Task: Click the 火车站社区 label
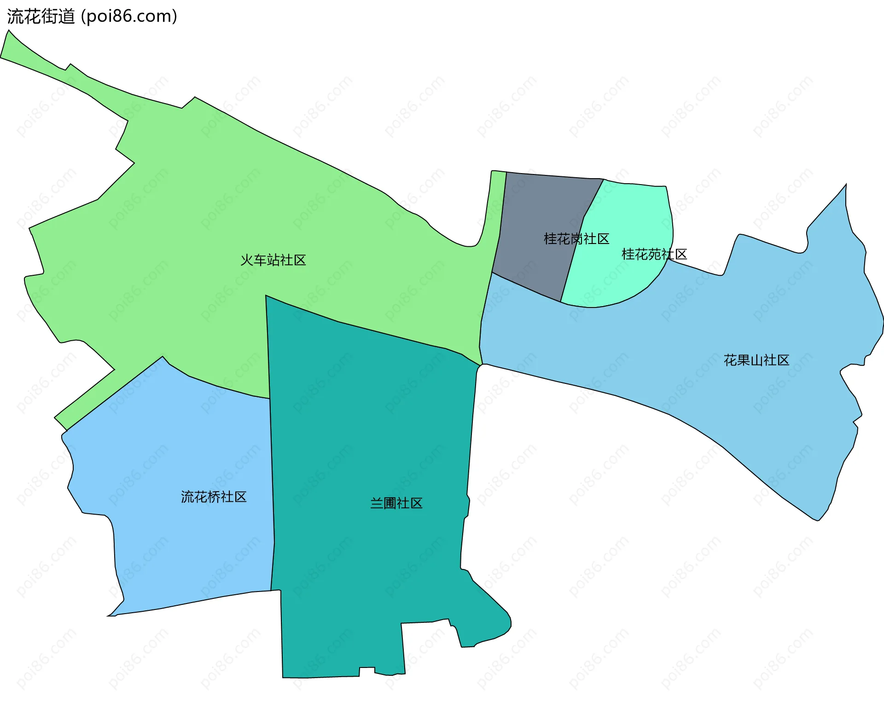coord(273,260)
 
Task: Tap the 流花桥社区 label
coord(214,497)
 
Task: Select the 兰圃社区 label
coord(396,503)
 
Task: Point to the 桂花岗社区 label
coord(576,238)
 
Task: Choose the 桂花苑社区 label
coord(654,254)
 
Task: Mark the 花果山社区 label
coord(756,360)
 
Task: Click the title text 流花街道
coord(41,17)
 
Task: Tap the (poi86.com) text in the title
coord(129,17)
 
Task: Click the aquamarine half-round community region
coord(622,281)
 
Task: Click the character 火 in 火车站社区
coord(247,260)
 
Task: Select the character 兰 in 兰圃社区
coord(377,503)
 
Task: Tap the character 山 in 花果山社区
coord(756,360)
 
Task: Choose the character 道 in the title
coord(67,17)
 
